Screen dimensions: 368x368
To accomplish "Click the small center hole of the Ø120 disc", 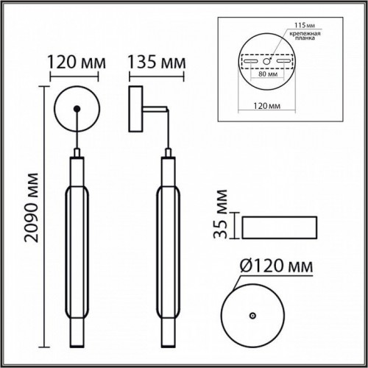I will point(252,314).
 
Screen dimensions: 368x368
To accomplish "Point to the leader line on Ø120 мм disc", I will point(234,283).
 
